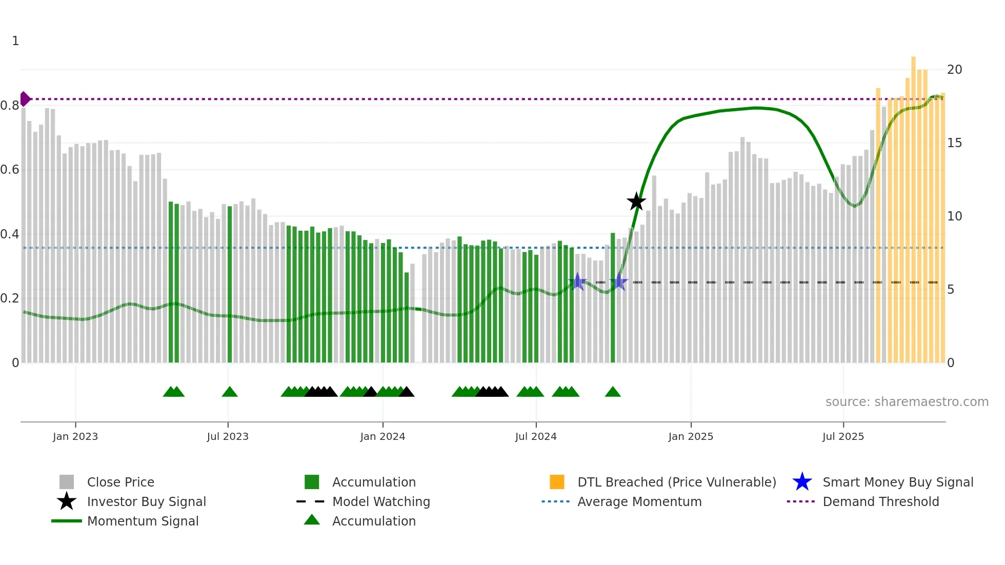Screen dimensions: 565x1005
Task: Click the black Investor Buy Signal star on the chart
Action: [x=636, y=201]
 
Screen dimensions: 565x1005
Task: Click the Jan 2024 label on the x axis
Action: [x=383, y=436]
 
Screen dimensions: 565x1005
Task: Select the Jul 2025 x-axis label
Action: [x=843, y=436]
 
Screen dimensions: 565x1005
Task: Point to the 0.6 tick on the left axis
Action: [x=10, y=170]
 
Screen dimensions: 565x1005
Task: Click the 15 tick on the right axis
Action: [x=954, y=143]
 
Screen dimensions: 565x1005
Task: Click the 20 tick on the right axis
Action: [x=954, y=70]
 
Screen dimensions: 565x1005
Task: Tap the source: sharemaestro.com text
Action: [x=907, y=402]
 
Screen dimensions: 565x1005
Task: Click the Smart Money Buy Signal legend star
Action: [x=802, y=482]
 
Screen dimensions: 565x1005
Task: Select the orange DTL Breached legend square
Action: [x=557, y=482]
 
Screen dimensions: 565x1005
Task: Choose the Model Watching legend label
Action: [x=381, y=501]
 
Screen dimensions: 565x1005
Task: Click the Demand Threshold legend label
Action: [x=880, y=501]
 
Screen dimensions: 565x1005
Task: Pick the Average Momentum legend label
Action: [x=639, y=501]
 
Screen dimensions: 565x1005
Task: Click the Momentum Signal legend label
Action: [x=143, y=521]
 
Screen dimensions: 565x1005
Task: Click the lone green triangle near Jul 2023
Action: [x=230, y=392]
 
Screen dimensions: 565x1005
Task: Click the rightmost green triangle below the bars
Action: [x=613, y=392]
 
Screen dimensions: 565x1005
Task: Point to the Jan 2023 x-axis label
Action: [x=75, y=436]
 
